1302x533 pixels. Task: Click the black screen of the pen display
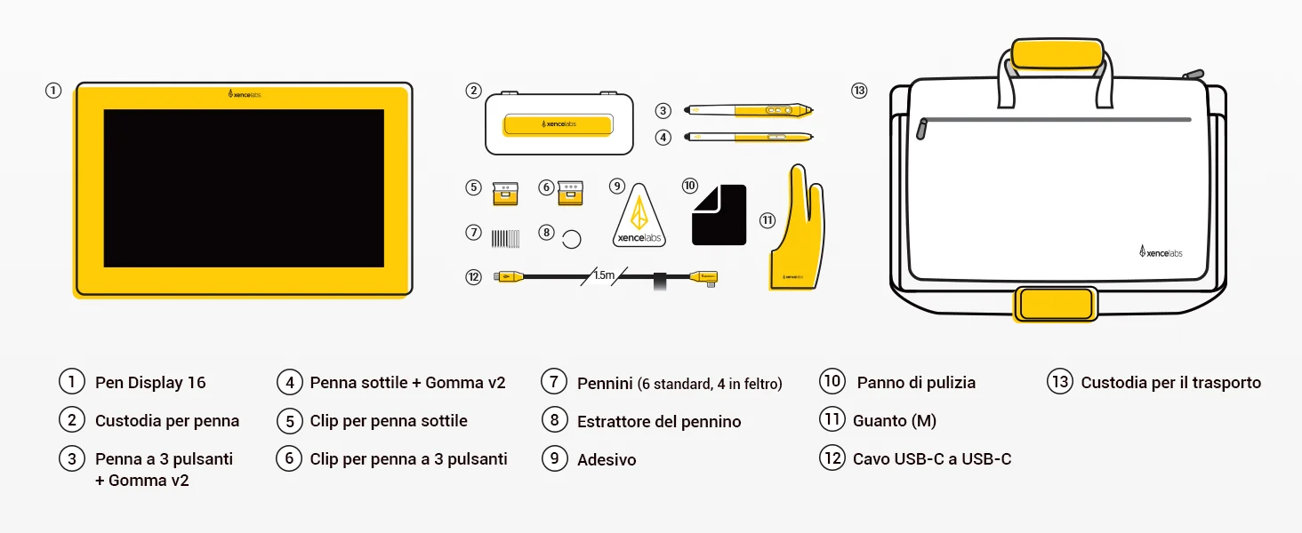244,188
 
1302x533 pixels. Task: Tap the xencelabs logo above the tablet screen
244,94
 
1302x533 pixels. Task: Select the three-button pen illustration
748,110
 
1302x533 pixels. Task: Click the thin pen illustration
748,137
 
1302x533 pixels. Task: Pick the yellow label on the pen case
558,124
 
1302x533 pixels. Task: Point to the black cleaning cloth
719,215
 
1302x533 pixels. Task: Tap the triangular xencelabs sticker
639,215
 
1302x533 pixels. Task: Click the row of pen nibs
505,239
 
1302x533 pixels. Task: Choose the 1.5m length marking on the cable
604,275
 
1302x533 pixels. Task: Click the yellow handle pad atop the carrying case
1057,54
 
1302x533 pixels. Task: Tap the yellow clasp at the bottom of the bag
1056,304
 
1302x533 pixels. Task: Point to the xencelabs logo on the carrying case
1161,251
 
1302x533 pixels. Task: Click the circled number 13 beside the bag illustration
859,91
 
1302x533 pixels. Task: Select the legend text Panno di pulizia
916,383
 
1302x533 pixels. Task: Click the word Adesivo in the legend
607,460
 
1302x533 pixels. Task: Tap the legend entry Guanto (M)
895,421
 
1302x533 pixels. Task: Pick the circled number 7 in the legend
554,381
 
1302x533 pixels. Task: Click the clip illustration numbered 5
505,194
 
